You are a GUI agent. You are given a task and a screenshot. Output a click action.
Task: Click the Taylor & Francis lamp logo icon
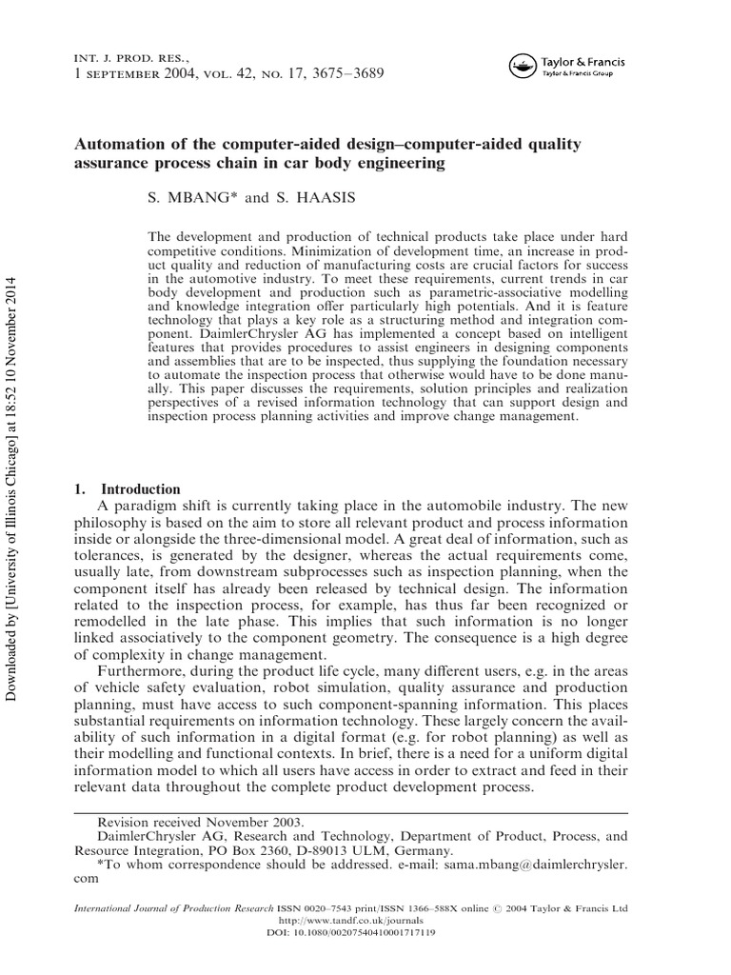click(x=522, y=64)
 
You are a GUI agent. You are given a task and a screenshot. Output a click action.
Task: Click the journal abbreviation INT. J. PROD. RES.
click(x=126, y=57)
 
